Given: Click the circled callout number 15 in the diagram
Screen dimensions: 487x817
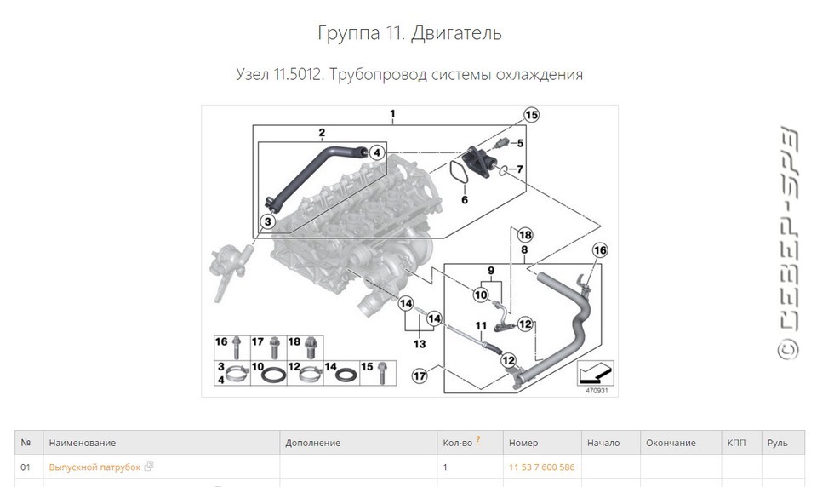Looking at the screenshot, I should (x=531, y=115).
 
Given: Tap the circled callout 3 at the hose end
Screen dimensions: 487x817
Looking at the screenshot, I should (x=267, y=221).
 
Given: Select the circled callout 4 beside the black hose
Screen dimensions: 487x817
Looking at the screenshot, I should (x=377, y=152).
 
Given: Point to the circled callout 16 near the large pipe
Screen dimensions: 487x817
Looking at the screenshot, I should (x=599, y=250).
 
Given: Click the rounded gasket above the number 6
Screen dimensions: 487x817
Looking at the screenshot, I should (x=459, y=173).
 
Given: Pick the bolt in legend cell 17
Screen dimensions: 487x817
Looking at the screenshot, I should (x=273, y=347).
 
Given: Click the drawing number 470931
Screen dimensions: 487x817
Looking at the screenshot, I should (x=597, y=391).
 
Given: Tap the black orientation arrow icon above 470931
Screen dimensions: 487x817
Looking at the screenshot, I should (x=596, y=373).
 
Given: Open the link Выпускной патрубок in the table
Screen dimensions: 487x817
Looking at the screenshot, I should (x=94, y=467).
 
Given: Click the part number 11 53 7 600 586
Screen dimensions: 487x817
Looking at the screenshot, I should (x=541, y=467).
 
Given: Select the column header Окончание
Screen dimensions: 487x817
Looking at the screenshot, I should (x=671, y=443).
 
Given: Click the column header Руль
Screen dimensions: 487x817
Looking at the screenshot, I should (x=777, y=443).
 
